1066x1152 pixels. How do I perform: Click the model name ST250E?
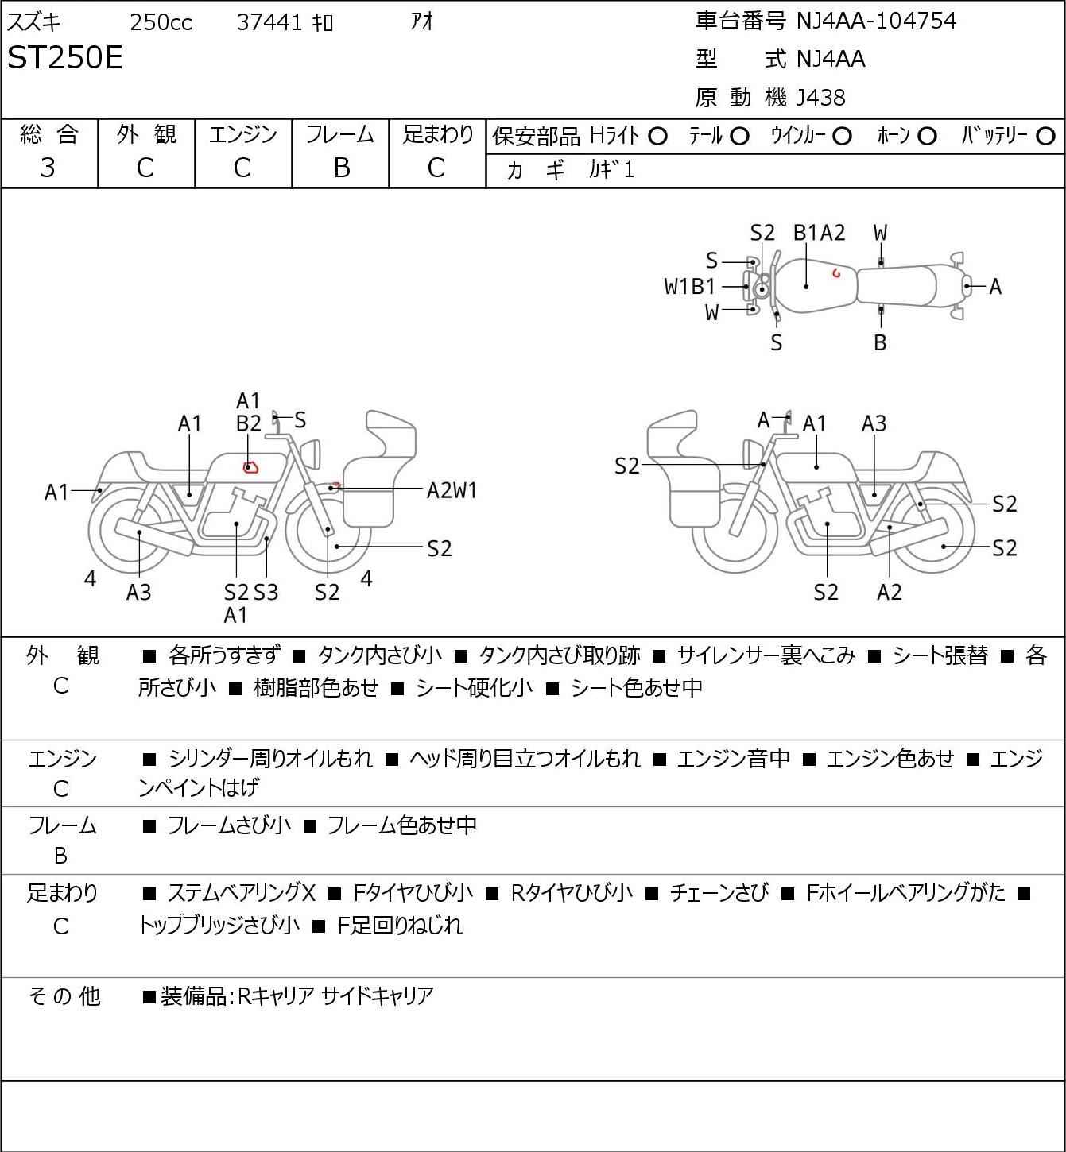[x=64, y=57]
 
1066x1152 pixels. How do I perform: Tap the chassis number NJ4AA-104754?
[x=876, y=21]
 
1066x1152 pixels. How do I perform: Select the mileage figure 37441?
[x=269, y=22]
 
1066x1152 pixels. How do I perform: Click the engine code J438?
[x=820, y=98]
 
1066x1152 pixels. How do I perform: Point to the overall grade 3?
[x=48, y=168]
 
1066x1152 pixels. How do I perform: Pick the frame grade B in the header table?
[x=341, y=168]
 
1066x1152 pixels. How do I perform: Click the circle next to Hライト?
[x=657, y=137]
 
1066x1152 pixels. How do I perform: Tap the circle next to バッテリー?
[x=1045, y=137]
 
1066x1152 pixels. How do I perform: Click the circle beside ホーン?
[x=927, y=137]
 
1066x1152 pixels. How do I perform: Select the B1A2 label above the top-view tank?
[x=819, y=233]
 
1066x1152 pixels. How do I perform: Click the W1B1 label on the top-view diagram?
[x=689, y=287]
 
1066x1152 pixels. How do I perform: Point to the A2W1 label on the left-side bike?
[x=452, y=491]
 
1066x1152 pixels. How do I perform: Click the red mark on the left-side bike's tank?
[x=250, y=467]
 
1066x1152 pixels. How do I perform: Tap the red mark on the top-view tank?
[x=836, y=273]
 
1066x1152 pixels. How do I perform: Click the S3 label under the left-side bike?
[x=266, y=592]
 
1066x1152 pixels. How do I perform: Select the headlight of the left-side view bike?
[x=313, y=454]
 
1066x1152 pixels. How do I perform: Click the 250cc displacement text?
[x=161, y=22]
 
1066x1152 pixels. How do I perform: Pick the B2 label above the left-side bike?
[x=249, y=424]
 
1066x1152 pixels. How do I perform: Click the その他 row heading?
[x=64, y=996]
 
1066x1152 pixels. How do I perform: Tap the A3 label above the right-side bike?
[x=874, y=424]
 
